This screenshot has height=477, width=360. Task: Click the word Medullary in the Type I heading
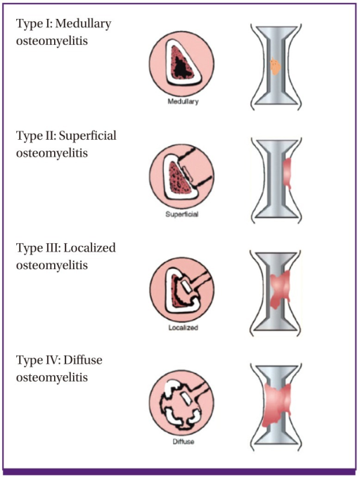coord(83,24)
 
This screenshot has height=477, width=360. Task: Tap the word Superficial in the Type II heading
coord(87,136)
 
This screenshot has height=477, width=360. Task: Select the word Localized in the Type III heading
coord(90,247)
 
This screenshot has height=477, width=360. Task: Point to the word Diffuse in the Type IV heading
coord(83,360)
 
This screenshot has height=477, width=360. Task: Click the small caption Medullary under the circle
coord(183,102)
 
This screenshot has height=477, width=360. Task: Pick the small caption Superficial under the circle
coord(182,214)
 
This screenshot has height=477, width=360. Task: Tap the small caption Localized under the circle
coord(183,327)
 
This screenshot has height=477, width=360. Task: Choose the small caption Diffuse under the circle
coord(184,441)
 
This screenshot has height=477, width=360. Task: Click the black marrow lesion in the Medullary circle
coord(181,68)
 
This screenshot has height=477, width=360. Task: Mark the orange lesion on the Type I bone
coord(276,66)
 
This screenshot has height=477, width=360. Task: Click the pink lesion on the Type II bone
coord(287,174)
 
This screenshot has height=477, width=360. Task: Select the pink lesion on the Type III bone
coord(281,289)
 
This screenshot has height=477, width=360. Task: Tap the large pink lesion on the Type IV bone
coord(276,405)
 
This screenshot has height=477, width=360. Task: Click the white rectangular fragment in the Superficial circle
coord(188,172)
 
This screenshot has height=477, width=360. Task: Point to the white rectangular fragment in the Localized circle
coord(186,287)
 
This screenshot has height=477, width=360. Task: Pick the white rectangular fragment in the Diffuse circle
coord(186,398)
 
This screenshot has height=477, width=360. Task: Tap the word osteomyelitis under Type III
coord(52,265)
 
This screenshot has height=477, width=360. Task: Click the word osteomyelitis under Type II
coord(52,153)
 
